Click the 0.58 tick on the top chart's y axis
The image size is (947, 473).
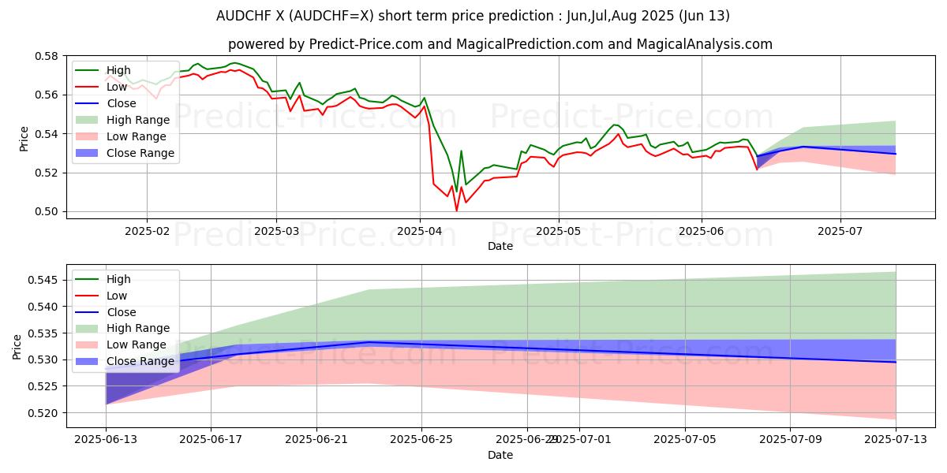click(48, 56)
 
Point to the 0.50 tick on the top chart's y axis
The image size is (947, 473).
click(48, 211)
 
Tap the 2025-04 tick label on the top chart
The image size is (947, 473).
click(419, 231)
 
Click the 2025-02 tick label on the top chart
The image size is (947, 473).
click(147, 231)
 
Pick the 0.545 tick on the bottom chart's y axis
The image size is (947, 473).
click(45, 280)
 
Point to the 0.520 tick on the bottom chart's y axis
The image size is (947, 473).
click(45, 413)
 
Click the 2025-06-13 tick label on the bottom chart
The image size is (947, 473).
click(105, 440)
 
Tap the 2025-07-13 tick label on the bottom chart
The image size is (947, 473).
click(896, 440)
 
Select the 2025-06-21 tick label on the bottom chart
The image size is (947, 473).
click(316, 440)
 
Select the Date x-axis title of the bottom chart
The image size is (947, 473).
click(500, 455)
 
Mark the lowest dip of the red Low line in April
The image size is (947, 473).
click(456, 210)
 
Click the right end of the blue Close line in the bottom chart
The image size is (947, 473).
click(896, 362)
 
